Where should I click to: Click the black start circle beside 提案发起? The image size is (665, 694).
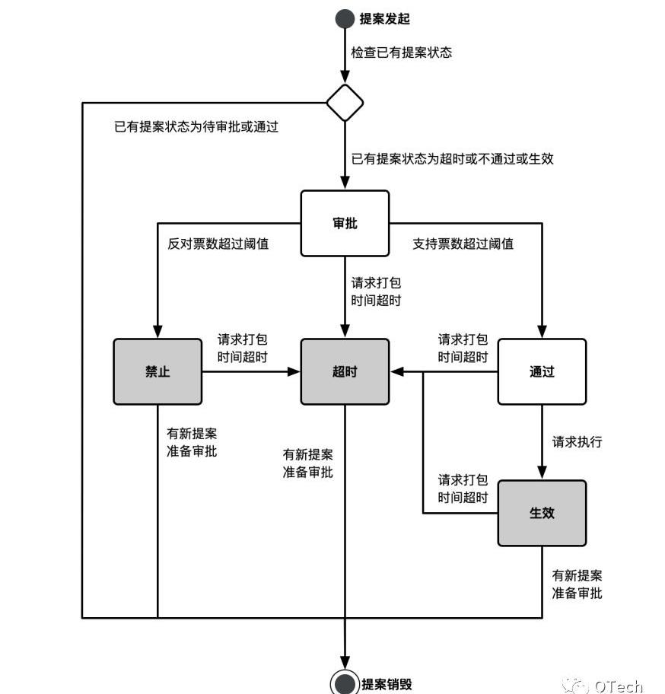[x=345, y=19]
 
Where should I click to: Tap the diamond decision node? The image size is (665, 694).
[x=345, y=103]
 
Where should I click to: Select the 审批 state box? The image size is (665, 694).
[x=345, y=223]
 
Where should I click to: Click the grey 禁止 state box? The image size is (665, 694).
[x=157, y=371]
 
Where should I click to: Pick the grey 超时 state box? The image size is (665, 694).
[x=345, y=371]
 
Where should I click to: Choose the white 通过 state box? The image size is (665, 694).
[x=542, y=371]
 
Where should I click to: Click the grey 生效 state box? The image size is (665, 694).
[x=542, y=513]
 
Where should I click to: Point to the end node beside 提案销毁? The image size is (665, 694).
[x=345, y=683]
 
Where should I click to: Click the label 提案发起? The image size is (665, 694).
[x=385, y=19]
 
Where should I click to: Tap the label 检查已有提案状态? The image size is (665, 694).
[x=401, y=53]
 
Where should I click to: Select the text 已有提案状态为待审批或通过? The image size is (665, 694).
[x=196, y=126]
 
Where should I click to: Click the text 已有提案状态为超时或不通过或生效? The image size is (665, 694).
[x=452, y=159]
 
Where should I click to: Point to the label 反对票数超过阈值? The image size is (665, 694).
[x=218, y=244]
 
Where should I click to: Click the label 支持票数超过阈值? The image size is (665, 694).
[x=463, y=244]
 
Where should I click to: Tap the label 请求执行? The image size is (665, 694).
[x=577, y=441]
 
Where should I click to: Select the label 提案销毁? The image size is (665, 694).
[x=387, y=683]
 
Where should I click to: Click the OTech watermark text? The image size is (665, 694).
[x=618, y=686]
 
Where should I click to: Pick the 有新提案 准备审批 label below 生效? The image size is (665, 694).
[x=577, y=584]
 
